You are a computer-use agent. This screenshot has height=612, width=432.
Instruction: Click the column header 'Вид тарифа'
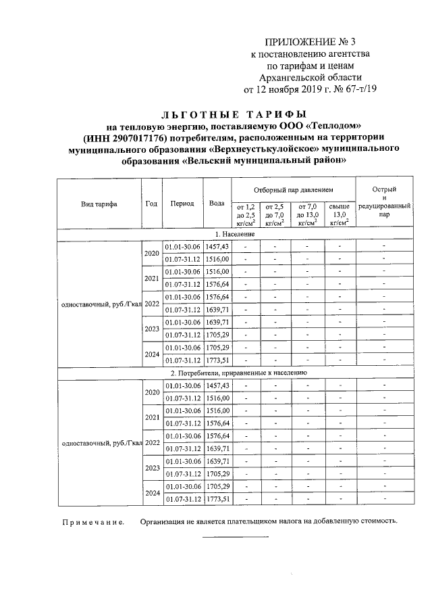[99, 204]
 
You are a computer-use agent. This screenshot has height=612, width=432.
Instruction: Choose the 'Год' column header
[151, 204]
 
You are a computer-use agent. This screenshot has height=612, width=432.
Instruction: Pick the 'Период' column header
[182, 204]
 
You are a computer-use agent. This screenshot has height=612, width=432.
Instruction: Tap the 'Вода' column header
[217, 204]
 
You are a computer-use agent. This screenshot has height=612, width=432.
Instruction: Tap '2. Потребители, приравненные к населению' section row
[238, 373]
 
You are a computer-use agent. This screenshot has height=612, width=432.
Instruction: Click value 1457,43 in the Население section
[217, 247]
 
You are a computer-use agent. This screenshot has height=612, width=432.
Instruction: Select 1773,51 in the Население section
[217, 360]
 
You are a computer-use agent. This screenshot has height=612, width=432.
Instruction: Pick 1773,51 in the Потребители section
[217, 499]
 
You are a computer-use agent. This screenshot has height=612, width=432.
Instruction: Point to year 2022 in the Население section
[151, 303]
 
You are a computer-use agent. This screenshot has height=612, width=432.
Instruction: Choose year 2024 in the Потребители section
[151, 493]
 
